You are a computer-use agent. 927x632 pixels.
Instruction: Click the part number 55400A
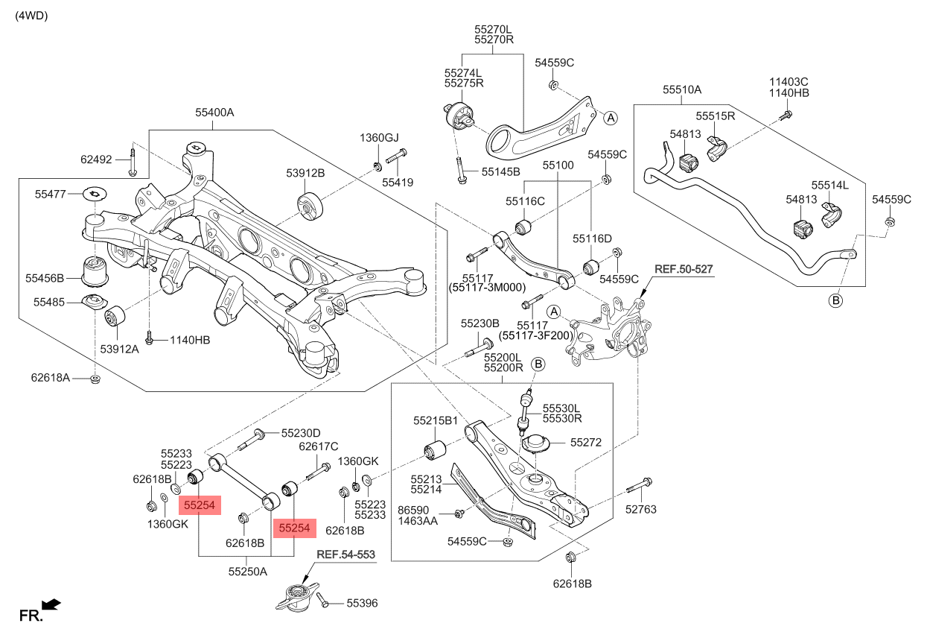(x=214, y=113)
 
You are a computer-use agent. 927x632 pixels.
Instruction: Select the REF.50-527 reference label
(x=683, y=268)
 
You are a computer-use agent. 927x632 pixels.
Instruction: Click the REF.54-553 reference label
(x=345, y=554)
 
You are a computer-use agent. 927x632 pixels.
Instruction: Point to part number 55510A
(x=682, y=89)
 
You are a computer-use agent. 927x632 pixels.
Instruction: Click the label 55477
(x=51, y=194)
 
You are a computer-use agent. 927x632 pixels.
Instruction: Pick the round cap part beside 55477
(x=95, y=194)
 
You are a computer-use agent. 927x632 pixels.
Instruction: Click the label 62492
(x=96, y=159)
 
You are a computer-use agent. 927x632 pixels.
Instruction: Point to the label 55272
(x=586, y=442)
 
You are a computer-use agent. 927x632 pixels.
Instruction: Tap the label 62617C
(x=319, y=446)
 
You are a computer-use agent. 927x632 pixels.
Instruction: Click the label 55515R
(x=716, y=116)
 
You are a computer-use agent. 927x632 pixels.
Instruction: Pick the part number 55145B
(x=500, y=171)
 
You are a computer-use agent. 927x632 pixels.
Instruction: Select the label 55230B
(x=480, y=323)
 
